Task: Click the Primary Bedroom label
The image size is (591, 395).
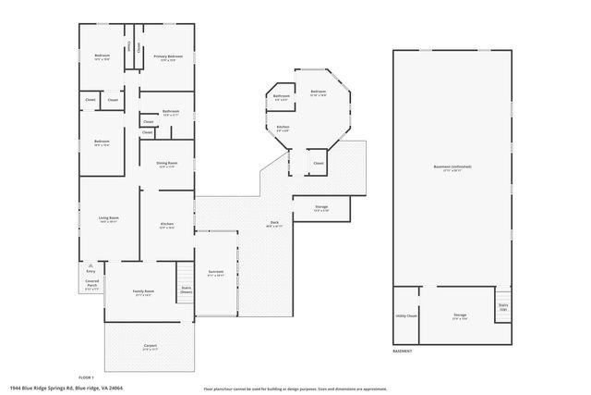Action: [168, 56]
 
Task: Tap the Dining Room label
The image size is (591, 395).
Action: [167, 164]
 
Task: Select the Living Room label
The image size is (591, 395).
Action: [109, 218]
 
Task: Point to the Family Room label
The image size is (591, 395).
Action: [143, 291]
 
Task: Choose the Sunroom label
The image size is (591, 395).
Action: [215, 272]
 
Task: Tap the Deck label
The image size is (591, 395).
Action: [274, 223]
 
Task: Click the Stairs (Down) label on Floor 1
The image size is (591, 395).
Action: [186, 290]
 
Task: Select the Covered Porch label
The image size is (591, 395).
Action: [92, 282]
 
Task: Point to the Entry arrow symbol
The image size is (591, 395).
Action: [91, 264]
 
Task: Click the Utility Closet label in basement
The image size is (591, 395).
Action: [406, 315]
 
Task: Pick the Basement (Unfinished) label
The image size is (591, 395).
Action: [452, 167]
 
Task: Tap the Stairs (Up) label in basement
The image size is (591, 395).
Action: [503, 306]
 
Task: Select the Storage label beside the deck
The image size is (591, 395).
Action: [321, 207]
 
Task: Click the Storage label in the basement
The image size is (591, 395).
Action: [460, 315]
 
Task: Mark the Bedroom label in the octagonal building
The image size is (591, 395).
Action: [318, 93]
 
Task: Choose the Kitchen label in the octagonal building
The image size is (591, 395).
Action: [283, 127]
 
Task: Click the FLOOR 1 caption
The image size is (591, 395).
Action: [86, 378]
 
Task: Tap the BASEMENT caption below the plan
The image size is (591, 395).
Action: [403, 352]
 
